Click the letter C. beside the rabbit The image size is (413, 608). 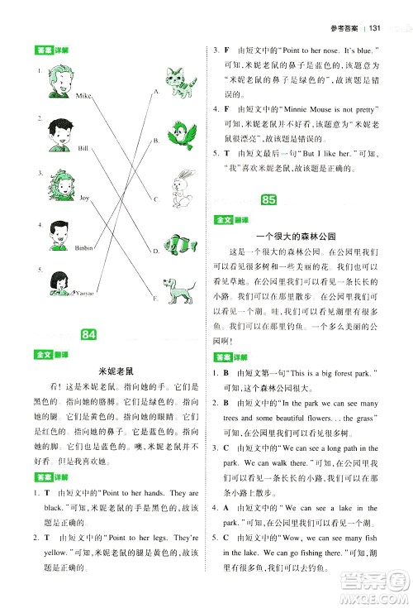coord(154,199)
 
